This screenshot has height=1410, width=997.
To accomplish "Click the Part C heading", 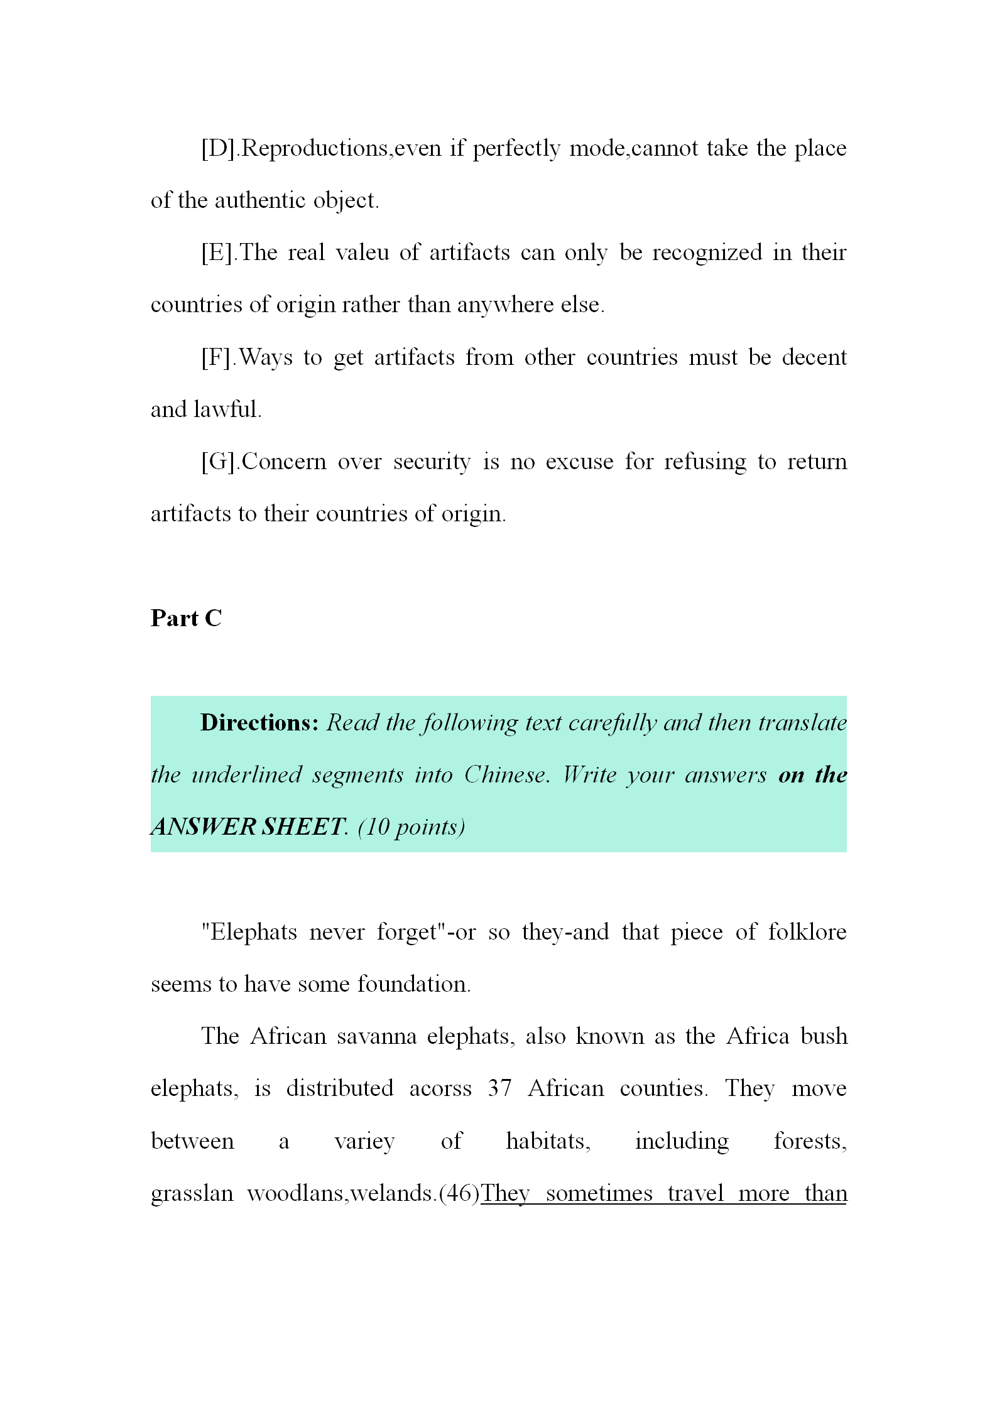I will point(186,619).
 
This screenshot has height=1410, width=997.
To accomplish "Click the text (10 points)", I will point(411,827).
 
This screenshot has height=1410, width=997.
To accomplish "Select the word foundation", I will point(414,984).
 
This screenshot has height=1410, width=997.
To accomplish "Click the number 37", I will point(499,1088).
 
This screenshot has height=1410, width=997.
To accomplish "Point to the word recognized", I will point(706,253).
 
